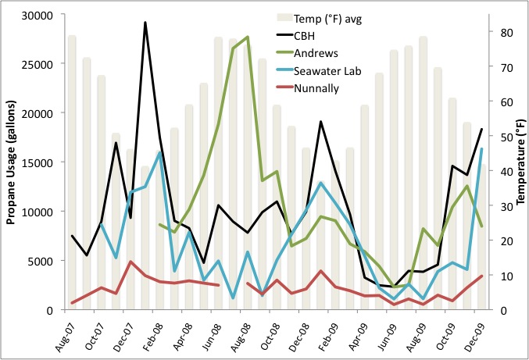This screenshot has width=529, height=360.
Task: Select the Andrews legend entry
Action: (316, 53)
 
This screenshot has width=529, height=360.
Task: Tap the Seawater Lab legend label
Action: (327, 71)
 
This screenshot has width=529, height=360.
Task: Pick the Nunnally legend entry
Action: (316, 88)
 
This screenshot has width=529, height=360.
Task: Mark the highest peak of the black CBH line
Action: (145, 23)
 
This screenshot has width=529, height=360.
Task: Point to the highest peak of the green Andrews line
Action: (248, 37)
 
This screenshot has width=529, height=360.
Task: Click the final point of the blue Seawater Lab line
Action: (481, 149)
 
